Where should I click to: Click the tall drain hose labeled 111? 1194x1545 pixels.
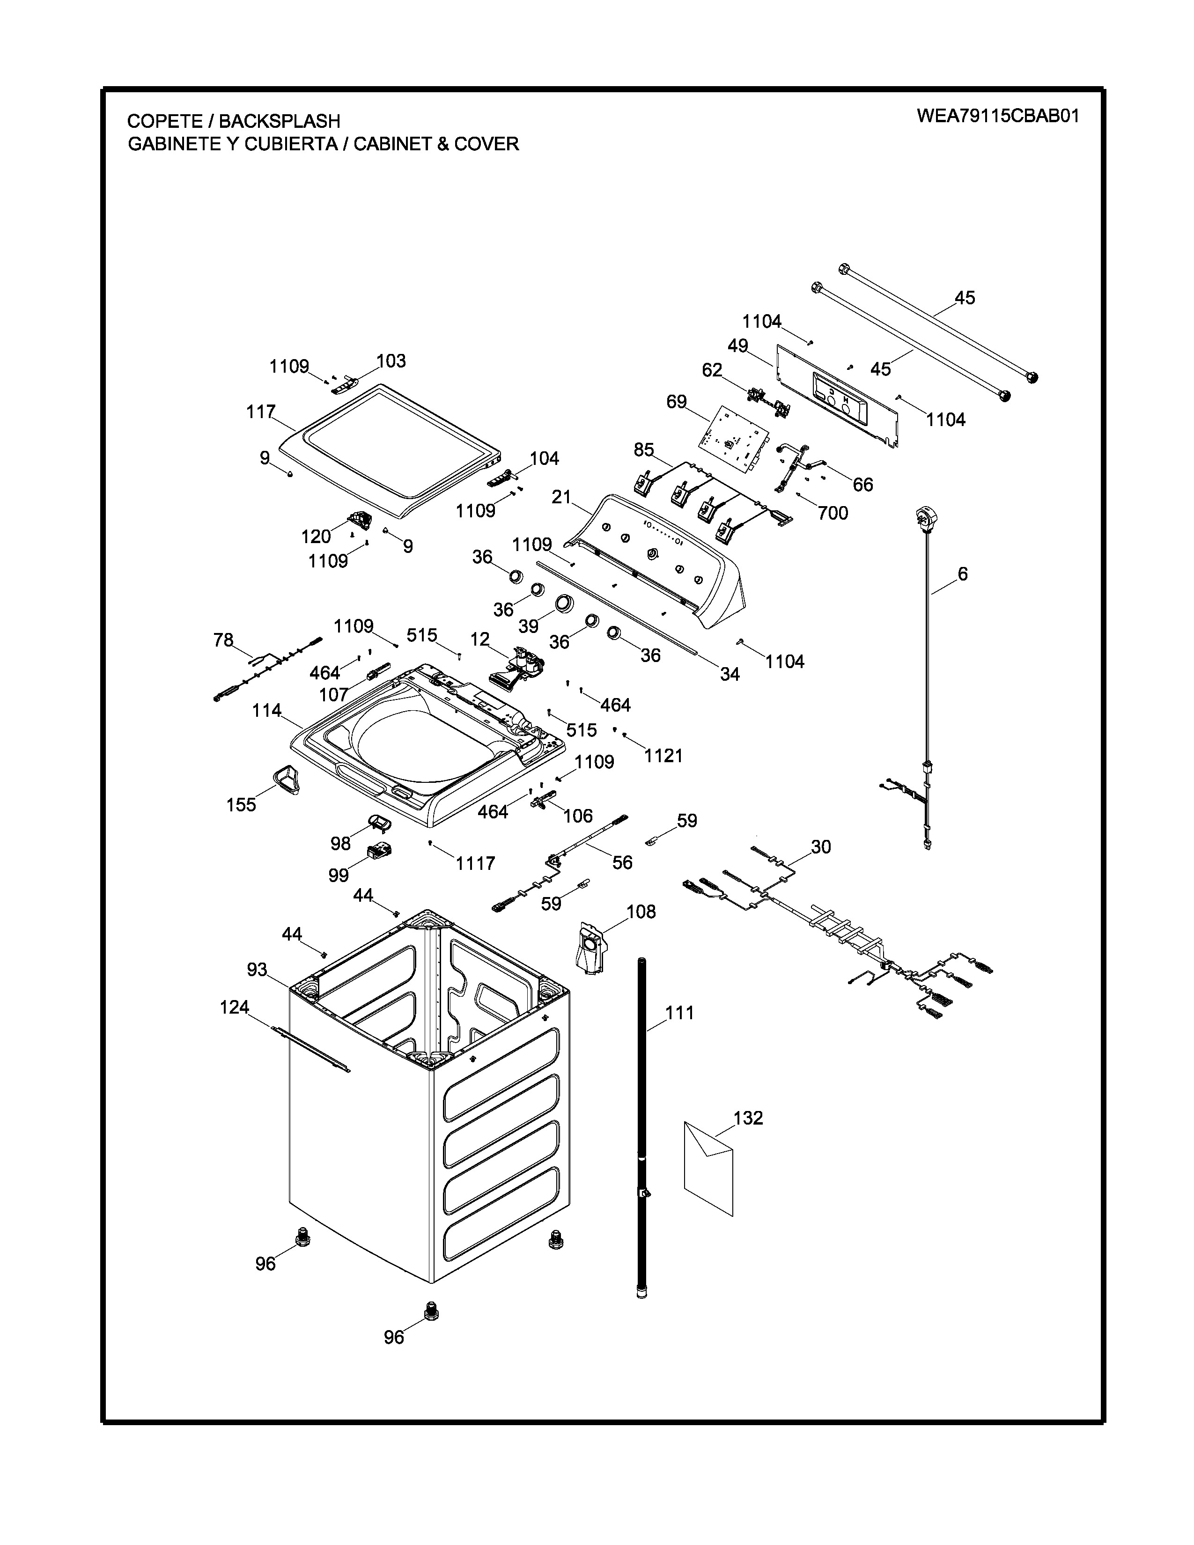click(x=642, y=1132)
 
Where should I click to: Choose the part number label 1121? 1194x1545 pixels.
click(x=663, y=756)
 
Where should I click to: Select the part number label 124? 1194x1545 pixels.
click(x=234, y=1007)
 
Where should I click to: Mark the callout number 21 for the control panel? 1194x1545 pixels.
click(x=561, y=497)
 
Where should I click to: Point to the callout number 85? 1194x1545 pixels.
click(x=644, y=450)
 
